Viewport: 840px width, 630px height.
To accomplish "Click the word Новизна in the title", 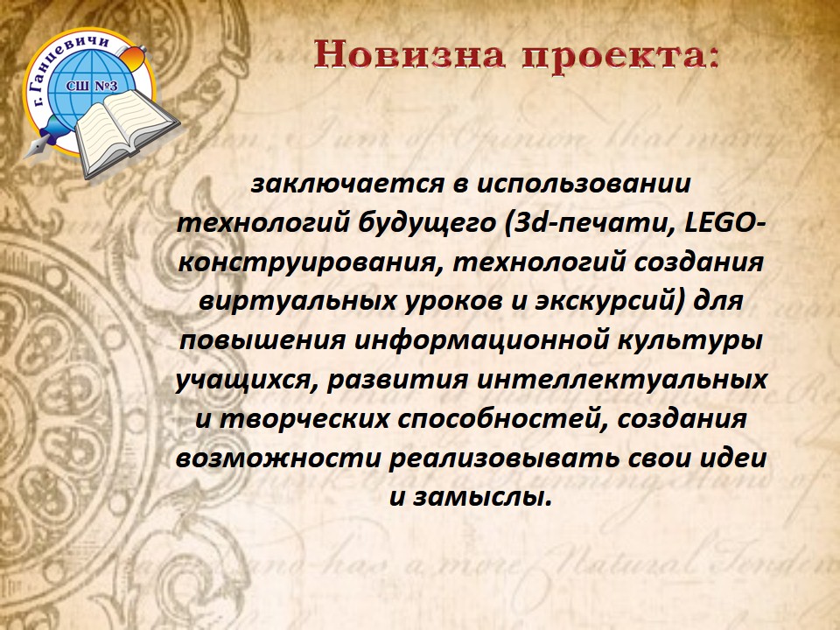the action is pos(409,54).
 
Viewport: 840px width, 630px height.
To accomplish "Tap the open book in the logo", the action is pos(126,132).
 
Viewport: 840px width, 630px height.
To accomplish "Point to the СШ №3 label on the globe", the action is pos(92,86).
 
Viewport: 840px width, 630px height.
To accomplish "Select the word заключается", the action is pos(347,184).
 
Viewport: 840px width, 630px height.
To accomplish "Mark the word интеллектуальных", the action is pos(622,380).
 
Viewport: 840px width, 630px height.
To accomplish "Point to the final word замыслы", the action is pos(483,498).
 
